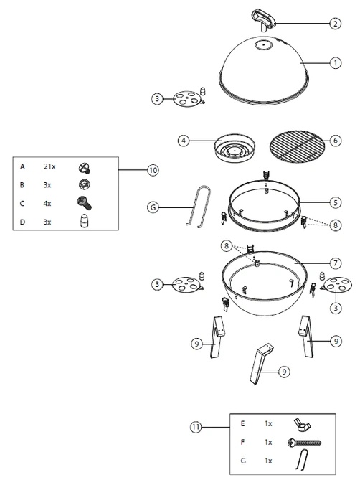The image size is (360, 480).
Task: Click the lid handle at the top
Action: point(262,19)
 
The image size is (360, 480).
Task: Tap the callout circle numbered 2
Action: point(335,23)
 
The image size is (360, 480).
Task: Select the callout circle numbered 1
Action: point(335,63)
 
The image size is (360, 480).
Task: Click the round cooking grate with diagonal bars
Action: point(296,146)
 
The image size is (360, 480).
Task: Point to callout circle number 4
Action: point(184,141)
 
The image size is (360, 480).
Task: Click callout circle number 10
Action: point(153,170)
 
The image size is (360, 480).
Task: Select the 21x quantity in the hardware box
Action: point(49,166)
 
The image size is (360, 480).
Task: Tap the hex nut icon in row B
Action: point(84,184)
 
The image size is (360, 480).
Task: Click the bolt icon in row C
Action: point(84,203)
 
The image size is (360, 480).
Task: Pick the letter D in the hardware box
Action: point(22,222)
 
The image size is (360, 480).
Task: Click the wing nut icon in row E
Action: point(302,424)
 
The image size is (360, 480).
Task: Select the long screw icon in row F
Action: point(305,443)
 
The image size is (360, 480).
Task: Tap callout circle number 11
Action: point(196,427)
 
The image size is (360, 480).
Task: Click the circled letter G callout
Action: point(153,207)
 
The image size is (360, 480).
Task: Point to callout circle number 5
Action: point(335,202)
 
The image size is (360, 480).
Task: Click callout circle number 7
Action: point(335,263)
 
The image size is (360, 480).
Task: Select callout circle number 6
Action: point(335,141)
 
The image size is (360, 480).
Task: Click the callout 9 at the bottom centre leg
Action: point(284,372)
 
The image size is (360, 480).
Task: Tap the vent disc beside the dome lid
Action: point(186,99)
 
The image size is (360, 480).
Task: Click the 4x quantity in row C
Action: point(47,204)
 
